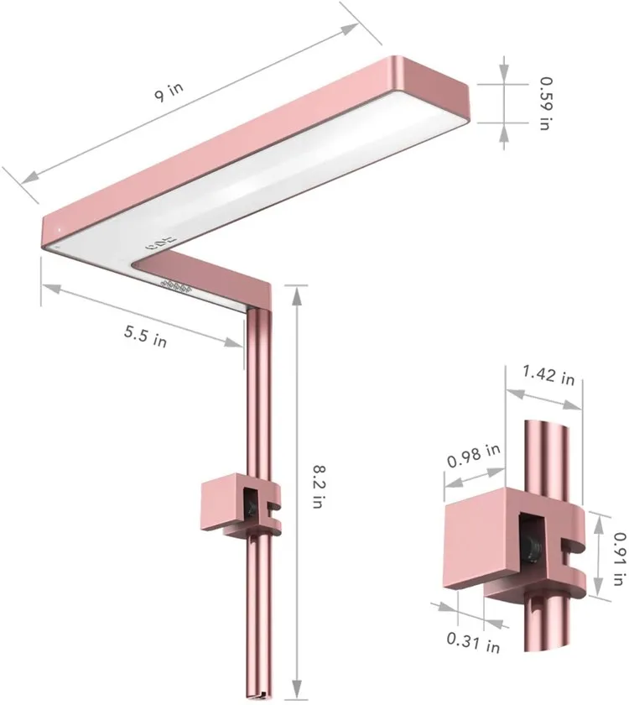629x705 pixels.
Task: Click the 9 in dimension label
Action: pos(169,91)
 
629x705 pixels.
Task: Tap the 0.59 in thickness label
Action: pos(545,104)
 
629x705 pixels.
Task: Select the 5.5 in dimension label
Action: pos(146,337)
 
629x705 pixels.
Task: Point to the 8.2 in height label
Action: pos(318,487)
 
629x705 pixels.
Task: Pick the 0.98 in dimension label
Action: pos(474,456)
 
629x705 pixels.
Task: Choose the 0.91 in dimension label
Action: pos(619,559)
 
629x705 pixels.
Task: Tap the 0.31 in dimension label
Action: pos(473,643)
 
